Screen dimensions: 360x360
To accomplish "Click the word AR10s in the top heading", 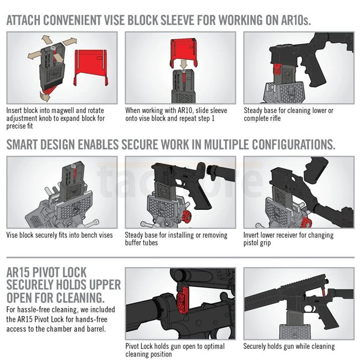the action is point(296,20).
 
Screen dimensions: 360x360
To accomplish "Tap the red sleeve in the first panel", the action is point(91,66).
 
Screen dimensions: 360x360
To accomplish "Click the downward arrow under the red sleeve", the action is point(184,64).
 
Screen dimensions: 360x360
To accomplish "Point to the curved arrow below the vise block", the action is point(45,96).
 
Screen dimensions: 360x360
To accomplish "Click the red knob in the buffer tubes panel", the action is point(187,218).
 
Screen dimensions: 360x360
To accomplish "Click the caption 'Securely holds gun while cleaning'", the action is point(289,346).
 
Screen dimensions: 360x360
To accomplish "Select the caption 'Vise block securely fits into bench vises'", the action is point(59,235).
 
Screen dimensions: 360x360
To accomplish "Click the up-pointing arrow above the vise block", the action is point(47,40).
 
